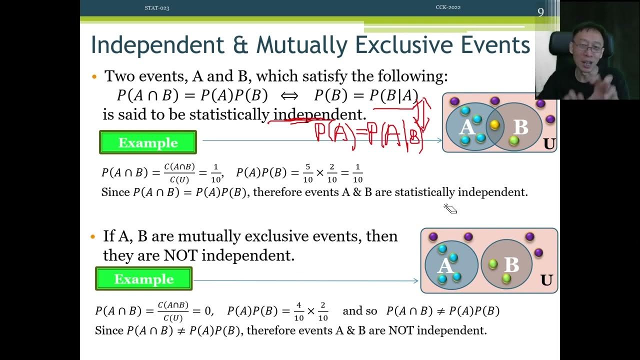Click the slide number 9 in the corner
click(540, 12)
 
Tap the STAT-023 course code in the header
click(156, 7)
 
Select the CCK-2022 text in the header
click(448, 7)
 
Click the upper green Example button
click(148, 142)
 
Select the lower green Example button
click(144, 279)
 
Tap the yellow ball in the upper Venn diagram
click(494, 124)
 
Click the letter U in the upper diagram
click(549, 144)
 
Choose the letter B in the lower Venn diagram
click(511, 264)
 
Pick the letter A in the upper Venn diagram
click(466, 127)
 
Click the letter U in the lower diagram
click(546, 280)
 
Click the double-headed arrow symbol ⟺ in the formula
click(290, 95)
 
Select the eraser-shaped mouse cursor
click(450, 209)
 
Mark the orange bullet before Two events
click(94, 77)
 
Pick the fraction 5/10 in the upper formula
click(308, 173)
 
